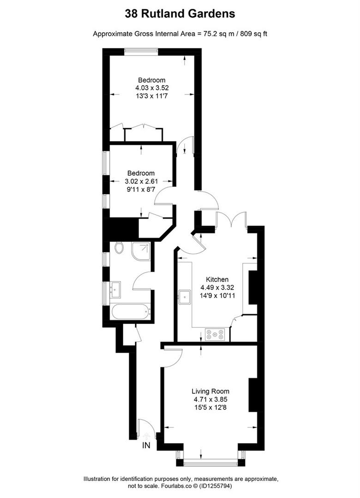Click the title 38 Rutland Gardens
180,14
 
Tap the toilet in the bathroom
120,248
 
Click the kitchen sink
186,296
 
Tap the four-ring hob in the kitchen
216,334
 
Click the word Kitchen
217,279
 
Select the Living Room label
211,391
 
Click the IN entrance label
146,445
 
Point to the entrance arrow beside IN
147,435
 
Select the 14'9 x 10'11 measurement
217,296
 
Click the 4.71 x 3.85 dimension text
211,399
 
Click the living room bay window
211,459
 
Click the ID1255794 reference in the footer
240,486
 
